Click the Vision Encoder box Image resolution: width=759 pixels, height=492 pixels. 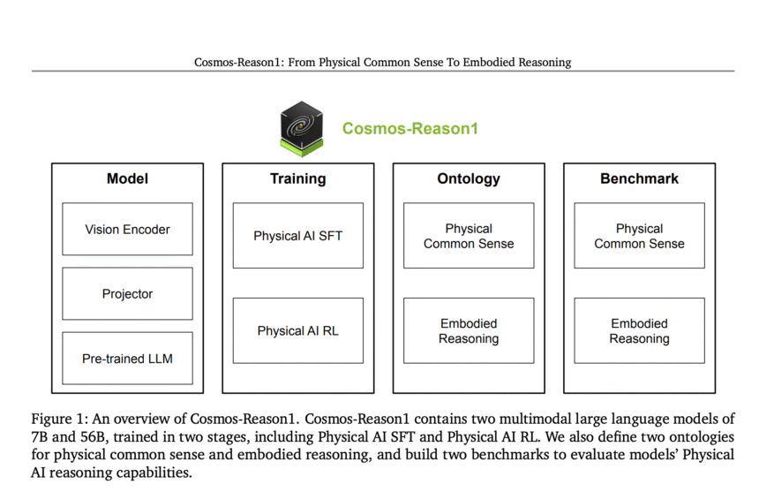point(127,229)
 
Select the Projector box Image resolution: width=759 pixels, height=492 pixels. point(127,293)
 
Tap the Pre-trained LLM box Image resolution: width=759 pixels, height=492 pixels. point(127,359)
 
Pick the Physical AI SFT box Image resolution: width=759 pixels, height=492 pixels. point(298,235)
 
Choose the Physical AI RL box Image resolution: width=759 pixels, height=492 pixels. point(298,330)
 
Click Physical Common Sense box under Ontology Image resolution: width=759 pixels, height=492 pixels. point(469,235)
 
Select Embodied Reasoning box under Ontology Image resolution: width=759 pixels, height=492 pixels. point(469,330)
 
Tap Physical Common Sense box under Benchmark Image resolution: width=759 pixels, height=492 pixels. point(640,235)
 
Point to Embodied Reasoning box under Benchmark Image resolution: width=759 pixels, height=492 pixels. point(640,330)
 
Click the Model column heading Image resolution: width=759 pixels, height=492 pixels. point(127,178)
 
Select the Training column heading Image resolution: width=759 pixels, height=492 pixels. point(298,179)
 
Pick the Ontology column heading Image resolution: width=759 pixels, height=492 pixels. point(469,179)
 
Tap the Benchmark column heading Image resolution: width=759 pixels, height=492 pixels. point(640,178)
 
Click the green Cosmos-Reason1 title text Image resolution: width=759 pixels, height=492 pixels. point(410,128)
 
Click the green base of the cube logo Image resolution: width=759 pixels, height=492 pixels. point(302,148)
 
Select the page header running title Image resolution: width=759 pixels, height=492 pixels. point(382,62)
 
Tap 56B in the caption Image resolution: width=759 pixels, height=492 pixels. point(93,437)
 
